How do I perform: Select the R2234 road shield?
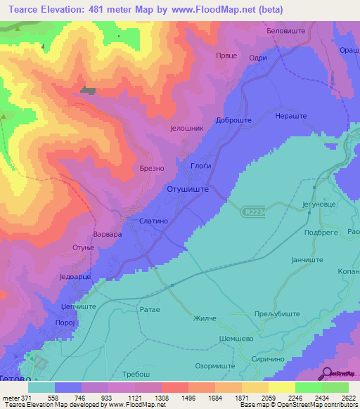[x=255, y=210]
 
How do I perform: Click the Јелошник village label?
[x=186, y=129]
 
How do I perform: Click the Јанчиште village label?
[x=307, y=259]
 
